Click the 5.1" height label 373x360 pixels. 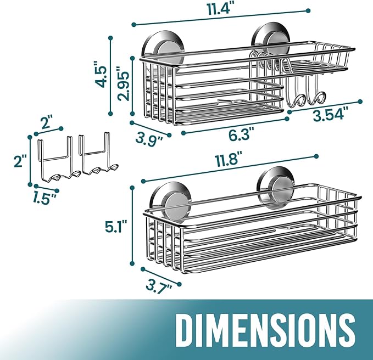point(115,227)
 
